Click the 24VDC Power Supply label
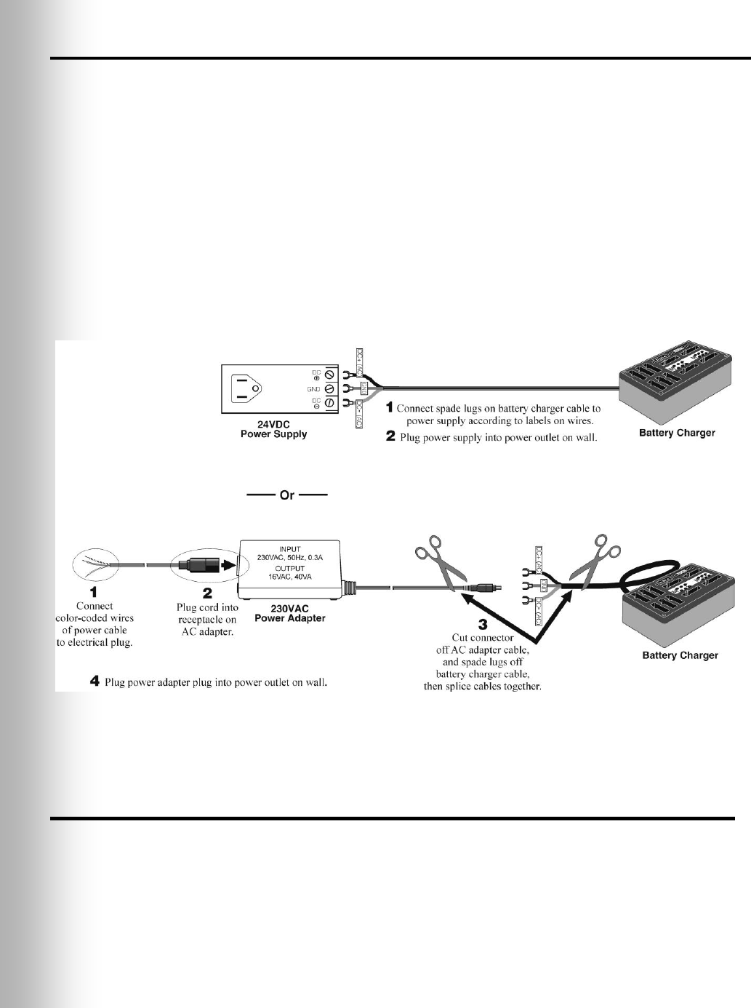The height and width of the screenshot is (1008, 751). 273,428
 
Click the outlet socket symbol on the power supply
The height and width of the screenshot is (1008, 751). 246,388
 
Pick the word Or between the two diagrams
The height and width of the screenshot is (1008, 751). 287,495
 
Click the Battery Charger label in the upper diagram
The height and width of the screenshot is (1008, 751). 676,433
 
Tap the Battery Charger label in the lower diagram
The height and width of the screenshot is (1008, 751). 680,655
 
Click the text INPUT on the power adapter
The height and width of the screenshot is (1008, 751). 289,550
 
